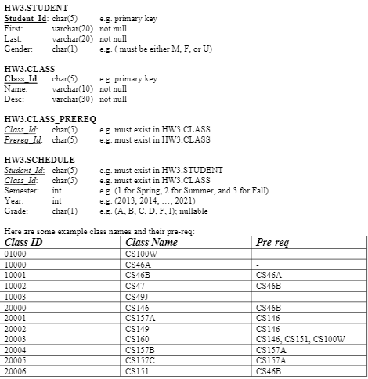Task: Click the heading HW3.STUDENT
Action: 31,7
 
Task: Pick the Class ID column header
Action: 23,242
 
